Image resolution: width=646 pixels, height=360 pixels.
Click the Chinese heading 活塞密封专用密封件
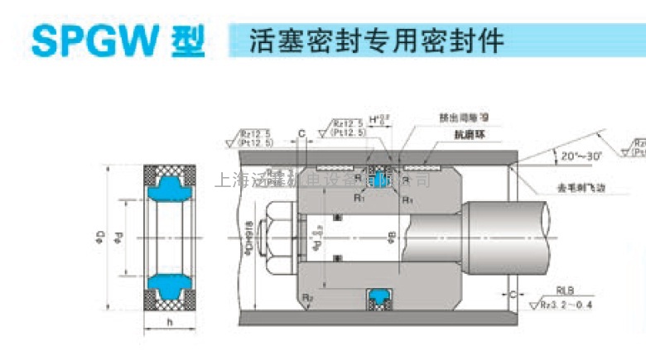(377, 38)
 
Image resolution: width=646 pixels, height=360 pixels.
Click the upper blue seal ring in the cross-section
(169, 185)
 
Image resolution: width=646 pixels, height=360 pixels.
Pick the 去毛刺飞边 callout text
(571, 188)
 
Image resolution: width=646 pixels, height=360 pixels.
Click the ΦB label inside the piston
(390, 241)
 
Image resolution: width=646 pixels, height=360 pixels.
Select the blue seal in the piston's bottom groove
(381, 295)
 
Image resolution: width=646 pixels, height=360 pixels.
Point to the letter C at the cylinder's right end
(514, 294)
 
